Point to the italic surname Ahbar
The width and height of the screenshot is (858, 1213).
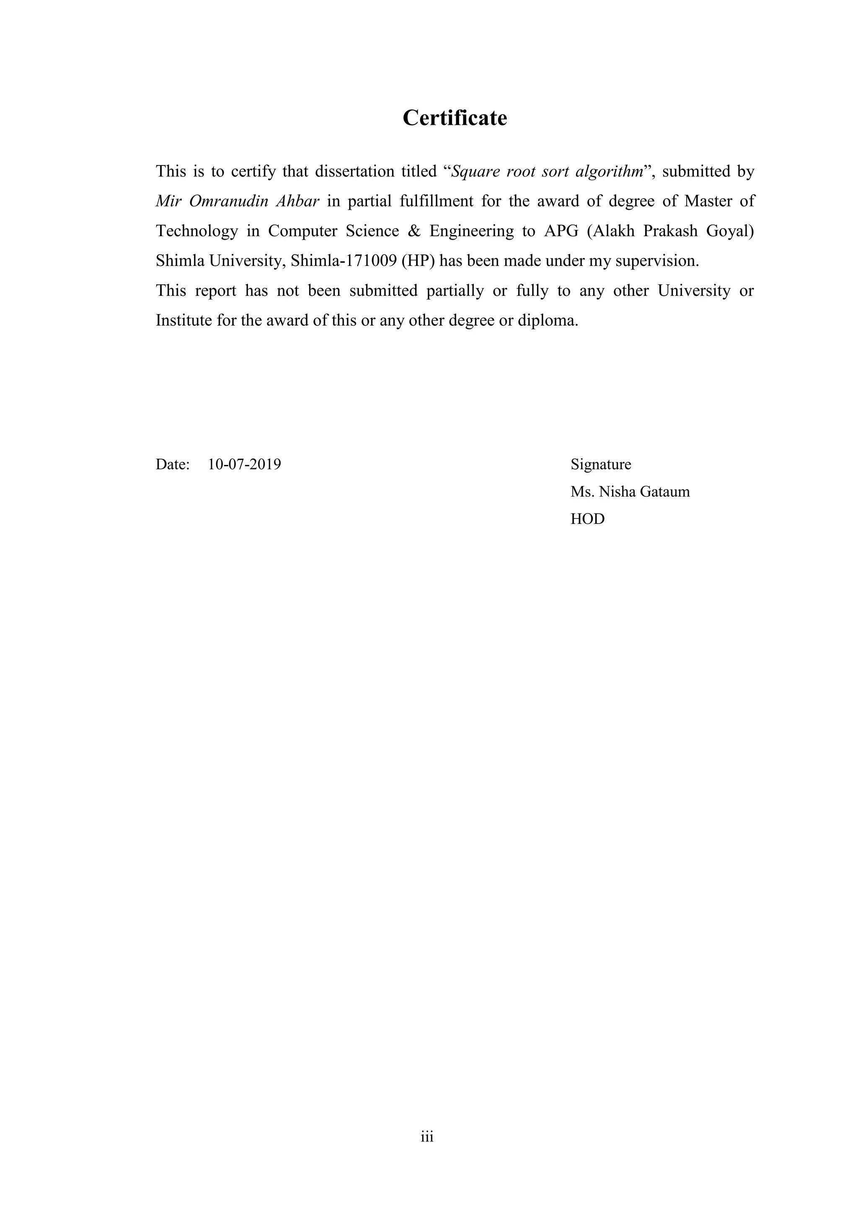[297, 201]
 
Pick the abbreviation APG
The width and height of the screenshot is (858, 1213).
[561, 231]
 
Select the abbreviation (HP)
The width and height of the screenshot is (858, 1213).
[418, 261]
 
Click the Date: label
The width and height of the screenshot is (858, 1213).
[173, 465]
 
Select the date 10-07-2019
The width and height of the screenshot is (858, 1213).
[245, 465]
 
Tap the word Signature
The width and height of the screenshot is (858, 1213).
[601, 465]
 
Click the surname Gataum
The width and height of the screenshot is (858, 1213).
[664, 492]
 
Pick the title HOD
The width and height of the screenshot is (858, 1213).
[587, 519]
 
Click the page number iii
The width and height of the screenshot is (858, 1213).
[427, 1136]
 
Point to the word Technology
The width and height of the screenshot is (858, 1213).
[196, 231]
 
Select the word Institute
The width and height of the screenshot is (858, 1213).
[183, 321]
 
